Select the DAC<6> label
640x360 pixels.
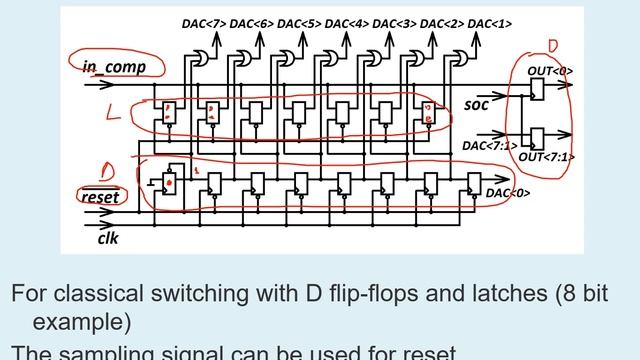[x=252, y=22]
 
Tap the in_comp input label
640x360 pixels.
[x=113, y=67]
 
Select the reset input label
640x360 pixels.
[x=100, y=197]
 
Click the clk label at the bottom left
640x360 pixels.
[x=108, y=239]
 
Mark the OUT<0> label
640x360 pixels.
[x=551, y=71]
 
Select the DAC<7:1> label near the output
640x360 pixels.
[x=488, y=146]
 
